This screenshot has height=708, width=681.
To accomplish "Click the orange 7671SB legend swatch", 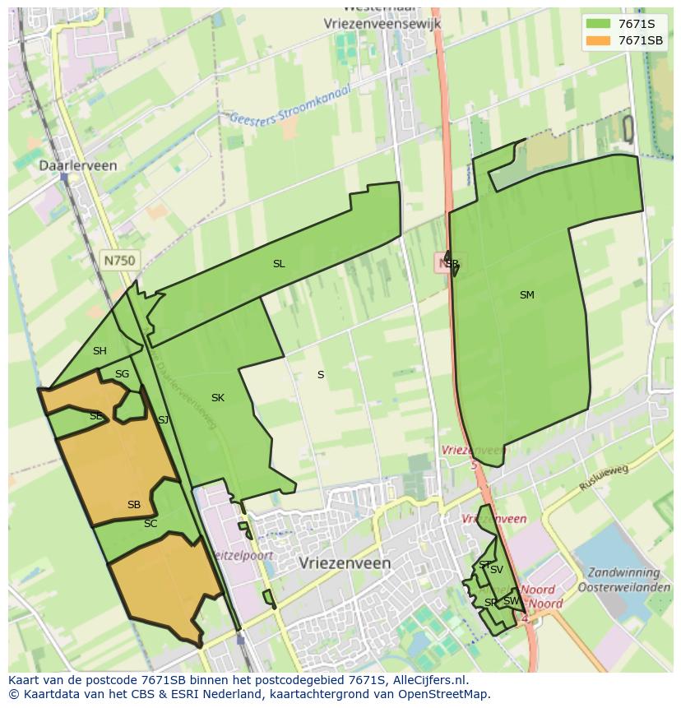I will (x=598, y=40).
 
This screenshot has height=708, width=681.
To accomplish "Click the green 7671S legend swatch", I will (x=598, y=23).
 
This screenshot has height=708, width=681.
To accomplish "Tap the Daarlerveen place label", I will (x=78, y=165).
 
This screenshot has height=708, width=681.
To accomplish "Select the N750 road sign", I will (x=119, y=260).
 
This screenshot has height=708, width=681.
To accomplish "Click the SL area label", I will (x=279, y=264).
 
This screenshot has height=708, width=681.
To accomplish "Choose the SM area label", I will (x=527, y=294).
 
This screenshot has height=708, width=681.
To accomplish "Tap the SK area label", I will (x=217, y=398).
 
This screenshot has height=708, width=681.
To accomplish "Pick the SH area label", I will (x=100, y=351).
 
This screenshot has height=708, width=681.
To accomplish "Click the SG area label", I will (x=122, y=374).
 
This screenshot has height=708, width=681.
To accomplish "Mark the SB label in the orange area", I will (x=134, y=505).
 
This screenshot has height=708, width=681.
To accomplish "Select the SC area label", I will (x=151, y=524).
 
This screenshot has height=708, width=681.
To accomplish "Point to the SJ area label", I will (x=163, y=420).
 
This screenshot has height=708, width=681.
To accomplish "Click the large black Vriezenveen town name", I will (x=345, y=563).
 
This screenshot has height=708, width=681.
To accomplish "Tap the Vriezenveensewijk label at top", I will (x=383, y=24).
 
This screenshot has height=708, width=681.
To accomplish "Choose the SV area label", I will (x=496, y=570).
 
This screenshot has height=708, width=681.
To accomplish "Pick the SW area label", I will (x=511, y=601).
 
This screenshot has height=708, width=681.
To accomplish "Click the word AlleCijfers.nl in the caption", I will (x=428, y=680).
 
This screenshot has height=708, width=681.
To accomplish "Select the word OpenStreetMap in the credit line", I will (x=448, y=694).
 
